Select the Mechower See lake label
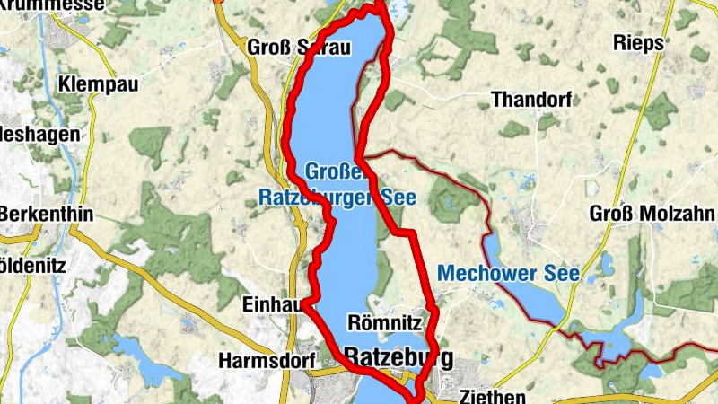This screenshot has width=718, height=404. [508, 273]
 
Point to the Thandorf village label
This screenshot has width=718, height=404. [531, 100]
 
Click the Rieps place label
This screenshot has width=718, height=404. [638, 43]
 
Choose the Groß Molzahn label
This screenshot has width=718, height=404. [652, 214]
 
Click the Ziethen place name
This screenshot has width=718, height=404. [490, 395]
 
